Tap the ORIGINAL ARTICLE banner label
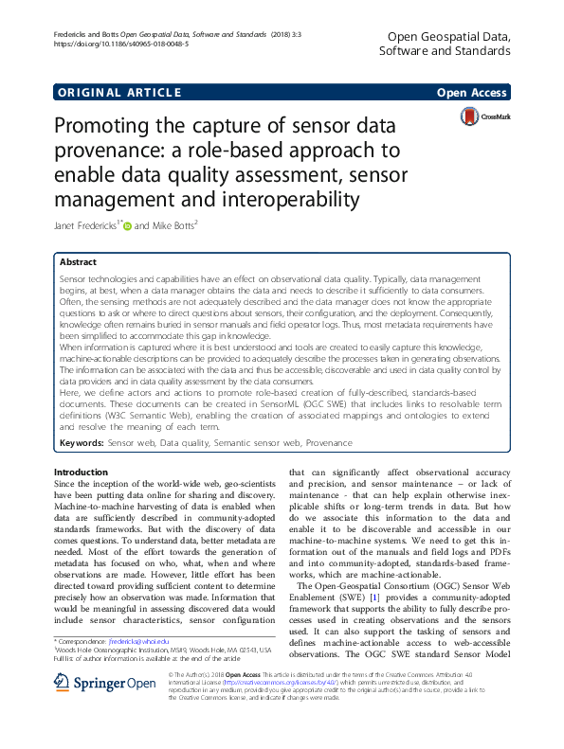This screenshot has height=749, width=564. point(118,92)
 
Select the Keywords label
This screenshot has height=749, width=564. point(82,442)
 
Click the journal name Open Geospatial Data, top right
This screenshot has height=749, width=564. point(450,36)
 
